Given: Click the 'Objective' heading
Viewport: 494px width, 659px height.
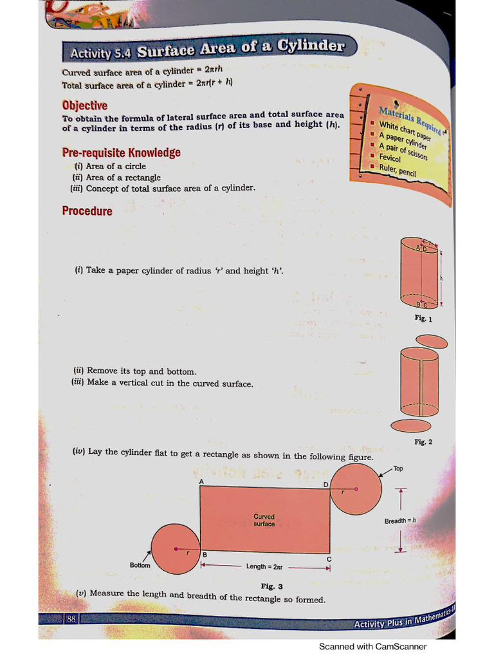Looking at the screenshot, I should (x=84, y=106).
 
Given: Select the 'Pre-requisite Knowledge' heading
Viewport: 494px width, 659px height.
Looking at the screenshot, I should (x=121, y=153).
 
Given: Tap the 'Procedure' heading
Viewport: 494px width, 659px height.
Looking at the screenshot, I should (x=87, y=211).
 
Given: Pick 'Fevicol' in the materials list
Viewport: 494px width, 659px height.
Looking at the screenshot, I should (x=390, y=158).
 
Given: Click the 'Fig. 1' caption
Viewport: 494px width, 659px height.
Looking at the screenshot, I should (x=423, y=319).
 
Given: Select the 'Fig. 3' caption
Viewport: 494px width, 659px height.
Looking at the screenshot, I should (x=271, y=586).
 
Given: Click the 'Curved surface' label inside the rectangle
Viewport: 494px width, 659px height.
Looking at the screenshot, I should (x=264, y=520).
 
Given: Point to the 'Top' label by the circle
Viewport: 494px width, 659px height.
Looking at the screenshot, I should (x=398, y=469).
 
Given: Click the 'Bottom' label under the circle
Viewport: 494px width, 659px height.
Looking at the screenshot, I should (x=140, y=565).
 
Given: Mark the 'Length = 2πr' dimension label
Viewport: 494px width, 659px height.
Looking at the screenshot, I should (x=264, y=567).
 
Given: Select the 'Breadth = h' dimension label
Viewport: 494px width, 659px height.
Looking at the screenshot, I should (x=400, y=521).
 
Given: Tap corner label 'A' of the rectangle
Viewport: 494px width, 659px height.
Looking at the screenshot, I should (x=201, y=481).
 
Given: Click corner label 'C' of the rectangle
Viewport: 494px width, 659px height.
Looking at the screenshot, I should (x=329, y=559).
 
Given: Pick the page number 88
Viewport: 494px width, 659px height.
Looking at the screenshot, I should (x=71, y=619).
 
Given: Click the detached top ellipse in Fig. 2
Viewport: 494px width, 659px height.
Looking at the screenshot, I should (x=433, y=340).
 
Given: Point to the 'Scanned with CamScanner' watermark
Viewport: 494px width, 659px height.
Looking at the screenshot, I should (x=372, y=647).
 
